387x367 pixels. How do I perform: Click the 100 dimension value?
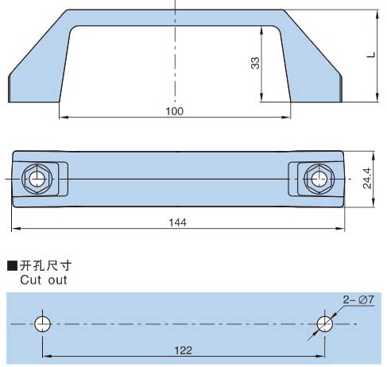click(175, 111)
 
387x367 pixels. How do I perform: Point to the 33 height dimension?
click(255, 63)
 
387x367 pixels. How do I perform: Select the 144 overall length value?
click(177, 222)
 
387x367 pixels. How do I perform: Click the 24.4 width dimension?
click(367, 178)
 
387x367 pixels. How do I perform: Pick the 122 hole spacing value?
click(183, 350)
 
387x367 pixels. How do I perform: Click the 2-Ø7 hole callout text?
click(358, 299)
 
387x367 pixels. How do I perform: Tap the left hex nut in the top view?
click(37, 179)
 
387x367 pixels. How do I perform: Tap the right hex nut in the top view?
click(319, 179)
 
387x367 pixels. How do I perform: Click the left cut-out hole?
click(42, 324)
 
